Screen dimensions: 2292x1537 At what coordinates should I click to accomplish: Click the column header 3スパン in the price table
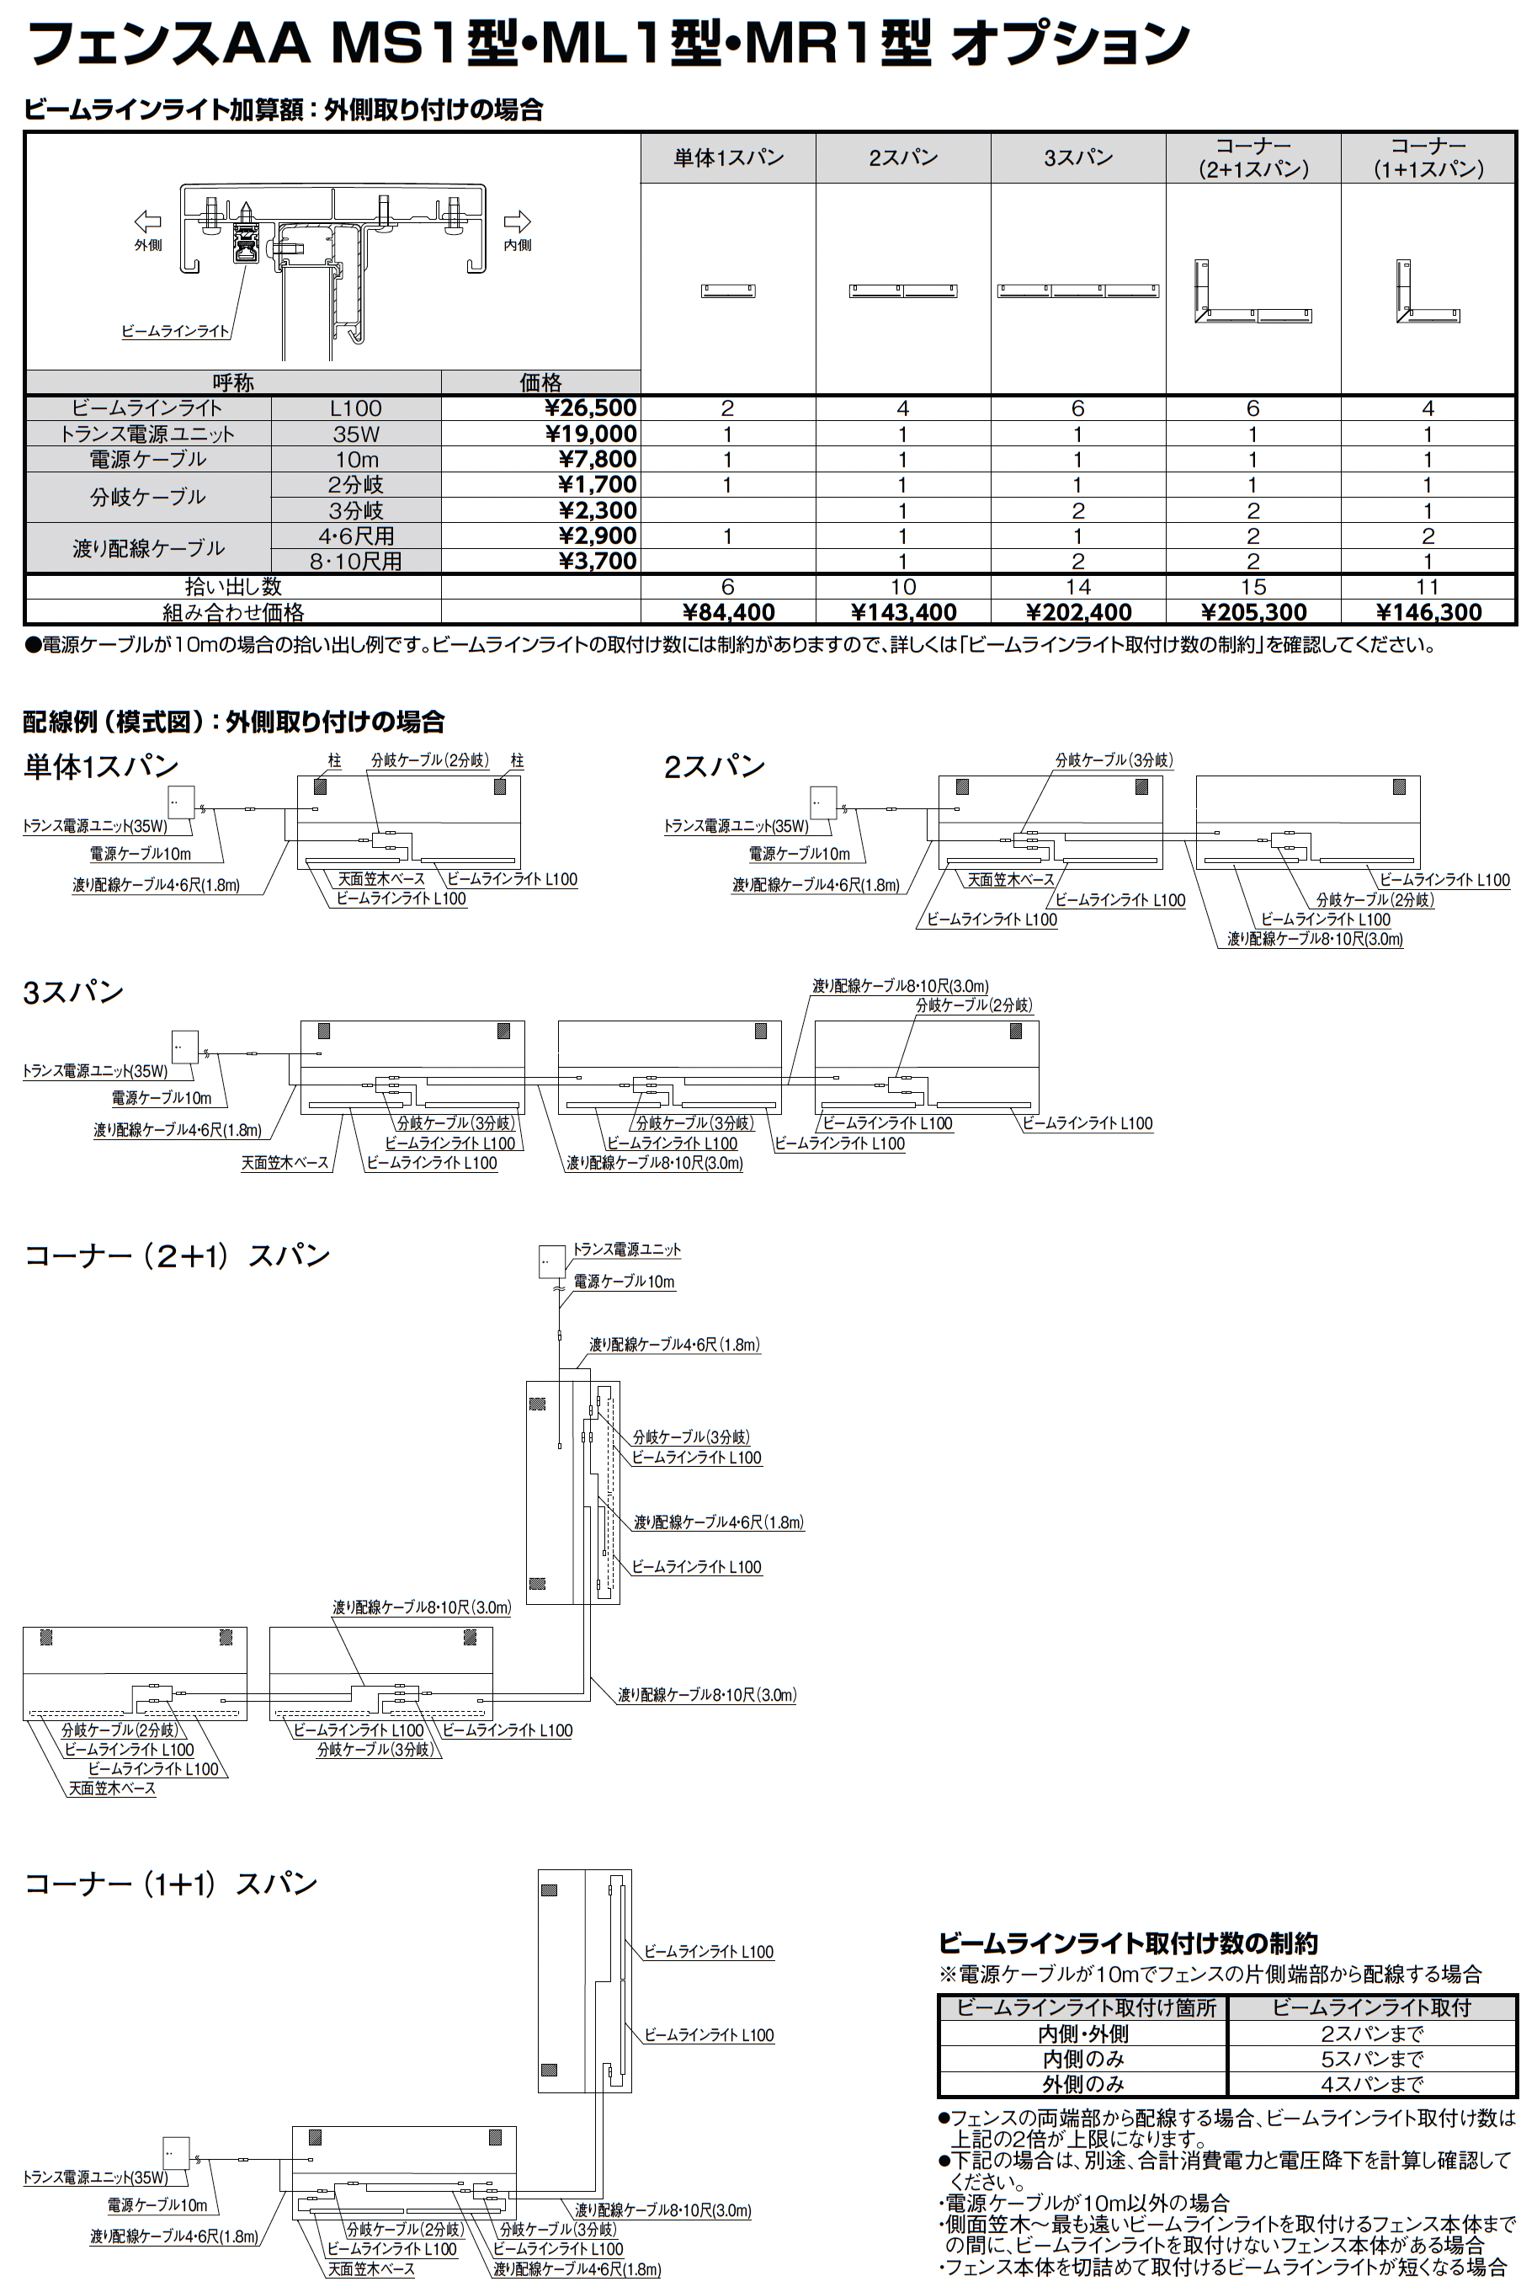pyautogui.click(x=1078, y=157)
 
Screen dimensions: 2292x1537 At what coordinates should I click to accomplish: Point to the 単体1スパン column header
pyautogui.click(x=728, y=157)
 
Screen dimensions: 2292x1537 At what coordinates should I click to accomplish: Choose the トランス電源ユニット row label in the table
pyautogui.click(x=148, y=434)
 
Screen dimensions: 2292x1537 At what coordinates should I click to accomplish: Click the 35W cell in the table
pyautogui.click(x=356, y=434)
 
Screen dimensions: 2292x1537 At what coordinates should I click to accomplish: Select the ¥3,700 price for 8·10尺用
pyautogui.click(x=597, y=562)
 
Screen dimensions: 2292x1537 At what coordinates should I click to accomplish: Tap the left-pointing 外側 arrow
pyautogui.click(x=147, y=221)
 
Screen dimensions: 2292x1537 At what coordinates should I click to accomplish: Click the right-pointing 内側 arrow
pyautogui.click(x=517, y=221)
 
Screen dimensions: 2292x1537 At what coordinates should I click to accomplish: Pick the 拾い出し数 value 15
pyautogui.click(x=1253, y=587)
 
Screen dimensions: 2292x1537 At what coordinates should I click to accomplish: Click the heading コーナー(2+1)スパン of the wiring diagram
pyautogui.click(x=177, y=1255)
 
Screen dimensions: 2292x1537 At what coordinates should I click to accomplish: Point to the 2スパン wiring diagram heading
pyautogui.click(x=715, y=766)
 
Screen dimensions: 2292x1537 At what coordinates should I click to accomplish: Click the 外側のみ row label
pyautogui.click(x=1082, y=2084)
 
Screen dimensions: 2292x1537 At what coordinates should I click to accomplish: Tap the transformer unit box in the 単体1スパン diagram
pyautogui.click(x=180, y=802)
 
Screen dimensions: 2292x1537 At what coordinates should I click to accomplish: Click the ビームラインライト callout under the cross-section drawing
pyautogui.click(x=175, y=332)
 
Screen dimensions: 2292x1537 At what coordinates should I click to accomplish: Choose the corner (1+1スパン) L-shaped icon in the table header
pyautogui.click(x=1428, y=291)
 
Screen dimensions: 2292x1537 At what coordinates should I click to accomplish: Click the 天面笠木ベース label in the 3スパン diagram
pyautogui.click(x=285, y=1163)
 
